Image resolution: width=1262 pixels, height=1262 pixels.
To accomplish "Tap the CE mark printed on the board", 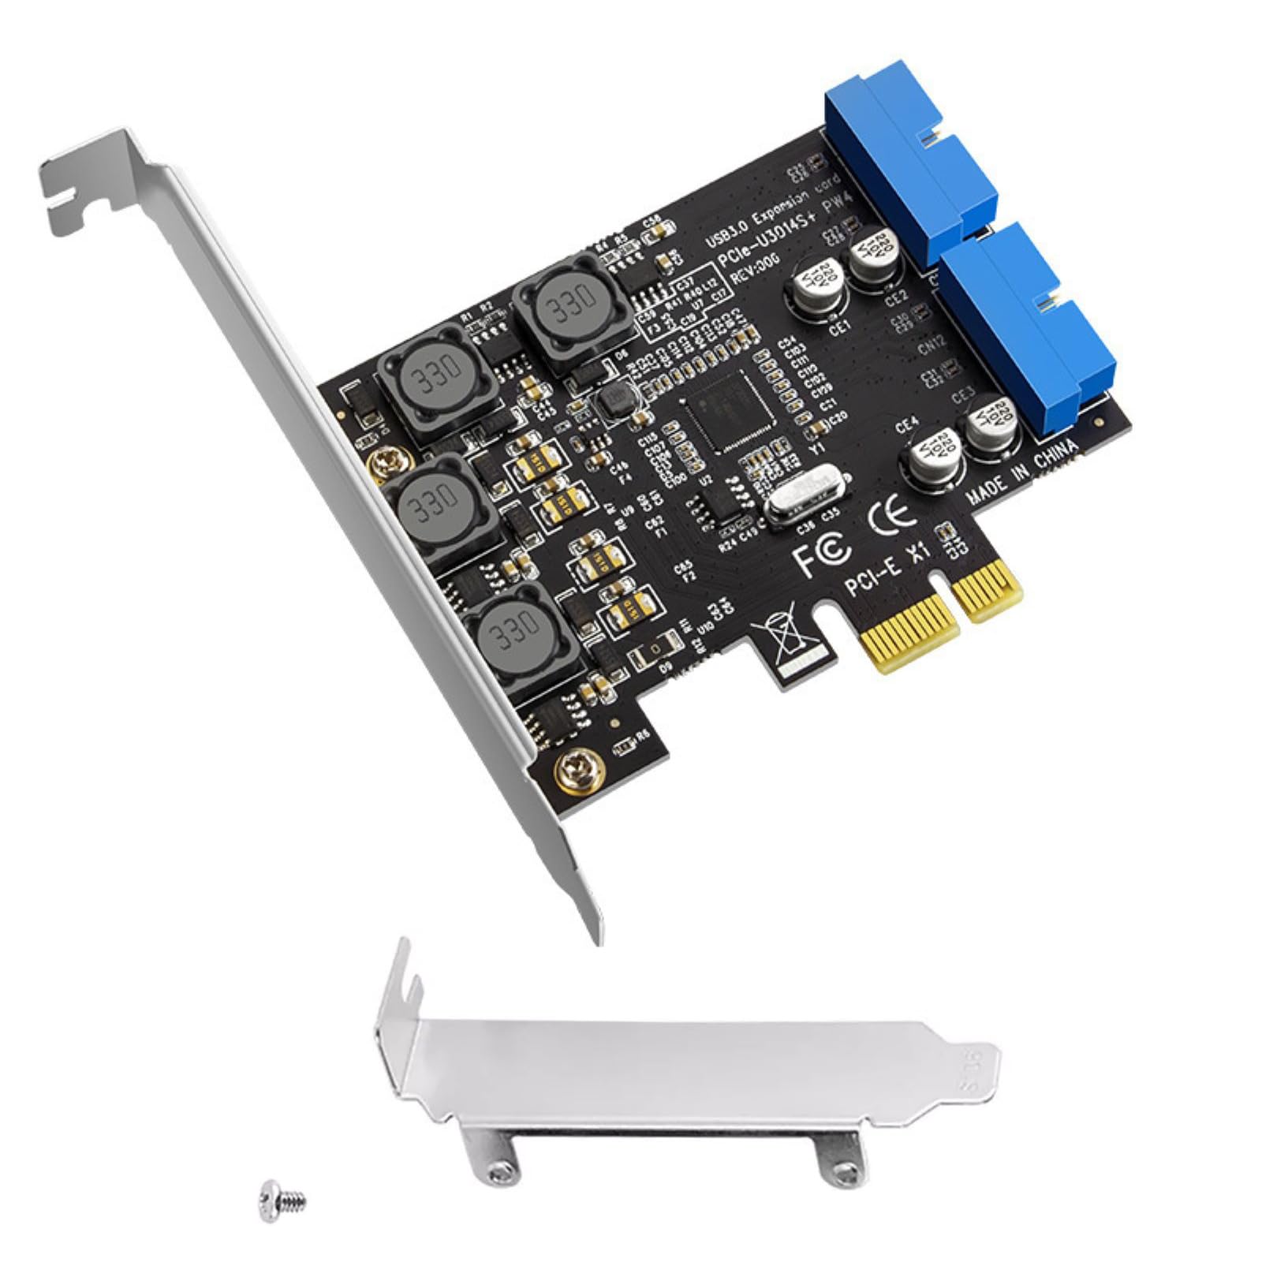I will coord(891,513).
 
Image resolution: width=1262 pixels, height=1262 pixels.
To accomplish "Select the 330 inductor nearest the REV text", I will coord(564,312).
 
